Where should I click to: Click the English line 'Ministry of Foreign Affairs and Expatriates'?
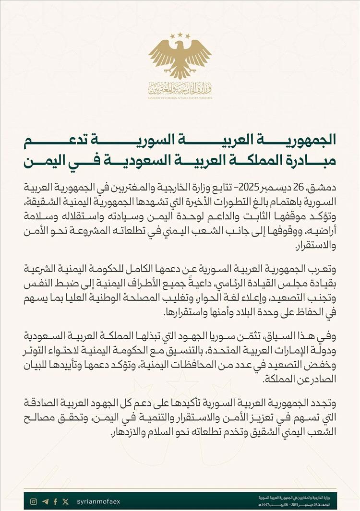[x=180, y=97]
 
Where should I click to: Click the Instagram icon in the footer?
[x=34, y=501]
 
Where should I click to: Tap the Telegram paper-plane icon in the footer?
[x=45, y=501]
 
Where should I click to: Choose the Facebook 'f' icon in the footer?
[x=55, y=501]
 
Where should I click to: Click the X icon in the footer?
[x=65, y=501]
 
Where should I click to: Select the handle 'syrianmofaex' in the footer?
[x=98, y=501]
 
